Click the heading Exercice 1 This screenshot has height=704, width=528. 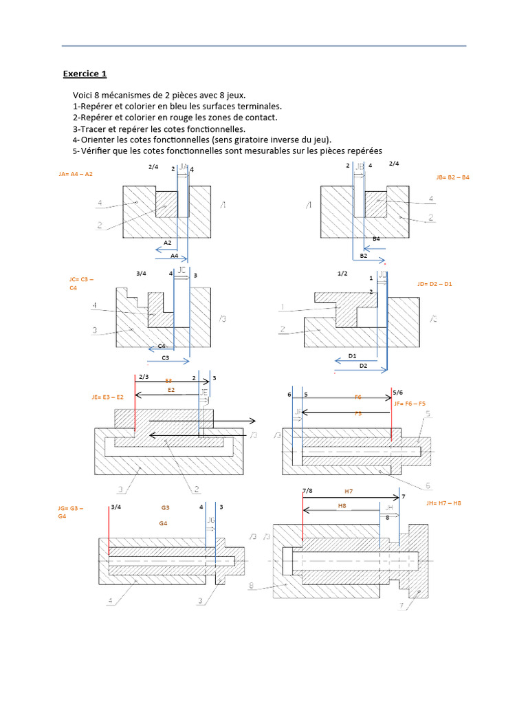click(x=85, y=74)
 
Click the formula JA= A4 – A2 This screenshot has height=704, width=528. click(x=76, y=174)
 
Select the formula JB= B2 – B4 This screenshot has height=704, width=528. click(x=452, y=177)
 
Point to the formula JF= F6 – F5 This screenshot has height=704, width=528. click(x=410, y=404)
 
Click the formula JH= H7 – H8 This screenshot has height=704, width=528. click(x=443, y=503)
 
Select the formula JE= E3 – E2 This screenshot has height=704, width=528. click(x=107, y=397)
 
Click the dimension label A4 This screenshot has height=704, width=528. click(x=175, y=255)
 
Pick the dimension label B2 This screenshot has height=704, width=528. click(x=364, y=255)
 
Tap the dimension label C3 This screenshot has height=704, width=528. click(x=165, y=358)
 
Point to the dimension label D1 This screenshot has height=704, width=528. click(x=352, y=355)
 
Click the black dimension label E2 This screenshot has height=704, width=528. click(x=171, y=390)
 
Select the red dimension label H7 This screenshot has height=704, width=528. click(x=349, y=492)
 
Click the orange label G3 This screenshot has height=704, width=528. click(x=165, y=507)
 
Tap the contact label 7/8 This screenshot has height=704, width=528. click(x=307, y=489)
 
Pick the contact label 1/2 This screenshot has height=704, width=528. click(x=342, y=273)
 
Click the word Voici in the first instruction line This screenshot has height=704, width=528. click(x=84, y=95)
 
